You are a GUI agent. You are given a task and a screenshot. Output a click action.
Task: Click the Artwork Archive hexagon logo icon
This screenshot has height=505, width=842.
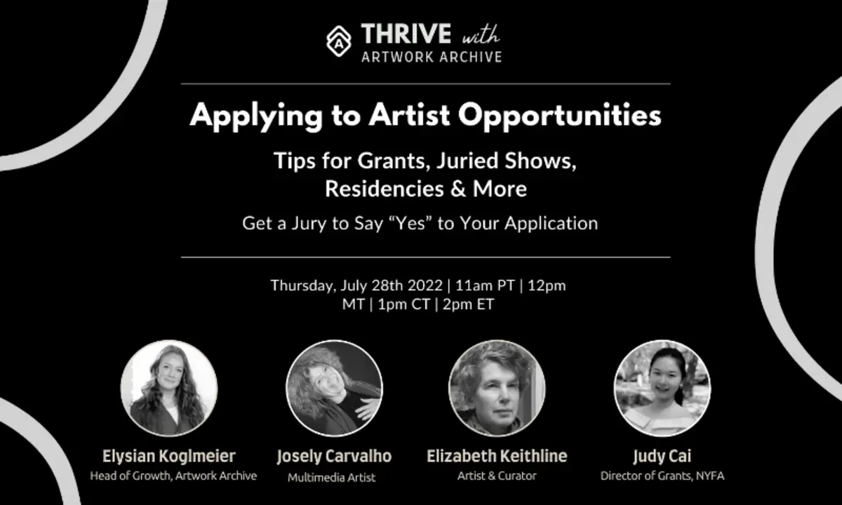[x=339, y=41]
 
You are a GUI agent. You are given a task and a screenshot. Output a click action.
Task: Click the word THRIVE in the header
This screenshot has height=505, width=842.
[x=406, y=34]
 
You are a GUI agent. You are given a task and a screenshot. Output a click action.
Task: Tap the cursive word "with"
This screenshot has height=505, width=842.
[x=481, y=35]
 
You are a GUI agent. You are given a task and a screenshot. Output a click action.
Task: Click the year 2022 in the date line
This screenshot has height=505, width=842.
[x=425, y=285]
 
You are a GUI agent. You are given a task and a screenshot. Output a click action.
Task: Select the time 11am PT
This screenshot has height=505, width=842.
[x=485, y=285]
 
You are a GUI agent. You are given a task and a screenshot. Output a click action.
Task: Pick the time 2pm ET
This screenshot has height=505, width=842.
[x=468, y=304]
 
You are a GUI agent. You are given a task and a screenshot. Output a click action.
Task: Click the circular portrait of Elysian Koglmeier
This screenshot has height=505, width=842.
[x=169, y=388]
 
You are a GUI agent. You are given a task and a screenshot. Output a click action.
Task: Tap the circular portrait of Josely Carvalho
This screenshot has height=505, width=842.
[x=334, y=388]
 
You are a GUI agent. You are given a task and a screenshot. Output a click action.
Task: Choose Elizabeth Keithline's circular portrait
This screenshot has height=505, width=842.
[x=497, y=388]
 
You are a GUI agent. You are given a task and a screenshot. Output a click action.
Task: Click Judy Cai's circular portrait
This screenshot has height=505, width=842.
[x=662, y=388]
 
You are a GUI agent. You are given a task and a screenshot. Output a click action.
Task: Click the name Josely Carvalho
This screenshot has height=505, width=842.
[x=334, y=457]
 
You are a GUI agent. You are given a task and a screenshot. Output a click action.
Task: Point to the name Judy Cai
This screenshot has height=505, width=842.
[x=662, y=457]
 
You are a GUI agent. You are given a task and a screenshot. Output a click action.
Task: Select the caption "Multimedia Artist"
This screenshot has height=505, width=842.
[x=331, y=478]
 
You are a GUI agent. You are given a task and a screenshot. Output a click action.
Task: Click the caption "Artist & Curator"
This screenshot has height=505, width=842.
[x=497, y=476]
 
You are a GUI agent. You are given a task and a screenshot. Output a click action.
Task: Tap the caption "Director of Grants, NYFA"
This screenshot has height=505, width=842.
[x=662, y=476]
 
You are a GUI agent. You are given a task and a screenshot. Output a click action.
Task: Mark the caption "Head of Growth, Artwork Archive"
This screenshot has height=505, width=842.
[x=173, y=476]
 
